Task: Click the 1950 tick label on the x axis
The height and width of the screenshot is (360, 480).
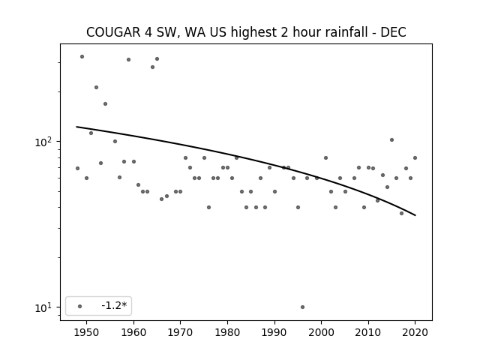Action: pyautogui.click(x=87, y=332)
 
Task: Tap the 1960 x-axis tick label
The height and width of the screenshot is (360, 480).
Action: pyautogui.click(x=133, y=332)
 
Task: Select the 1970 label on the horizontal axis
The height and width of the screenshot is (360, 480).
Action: pyautogui.click(x=181, y=332)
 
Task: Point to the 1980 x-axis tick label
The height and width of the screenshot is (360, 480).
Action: pyautogui.click(x=227, y=332)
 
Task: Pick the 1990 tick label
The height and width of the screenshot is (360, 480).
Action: pyautogui.click(x=274, y=332)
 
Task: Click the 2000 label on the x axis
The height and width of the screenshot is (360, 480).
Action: pyautogui.click(x=322, y=332)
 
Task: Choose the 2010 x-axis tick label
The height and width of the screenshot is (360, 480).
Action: pyautogui.click(x=368, y=332)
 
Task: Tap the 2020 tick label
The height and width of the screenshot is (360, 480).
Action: pyautogui.click(x=415, y=332)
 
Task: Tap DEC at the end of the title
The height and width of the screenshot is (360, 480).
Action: pyautogui.click(x=393, y=32)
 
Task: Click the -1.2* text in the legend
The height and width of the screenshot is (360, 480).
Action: pyautogui.click(x=114, y=305)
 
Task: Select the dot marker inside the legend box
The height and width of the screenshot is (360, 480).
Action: pyautogui.click(x=80, y=306)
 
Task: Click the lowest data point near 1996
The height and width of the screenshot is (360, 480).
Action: pyautogui.click(x=302, y=307)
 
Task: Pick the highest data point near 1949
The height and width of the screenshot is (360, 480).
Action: pyautogui.click(x=82, y=57)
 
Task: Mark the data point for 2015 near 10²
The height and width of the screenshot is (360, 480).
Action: pyautogui.click(x=391, y=140)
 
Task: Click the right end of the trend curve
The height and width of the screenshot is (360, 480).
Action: pyautogui.click(x=415, y=215)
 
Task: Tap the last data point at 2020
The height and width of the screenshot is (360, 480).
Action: pyautogui.click(x=415, y=158)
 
